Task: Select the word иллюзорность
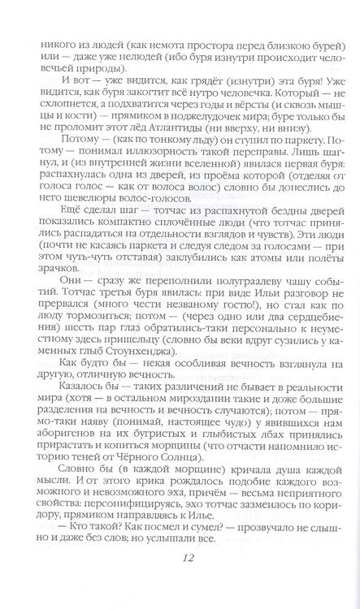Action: point(134,146)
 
